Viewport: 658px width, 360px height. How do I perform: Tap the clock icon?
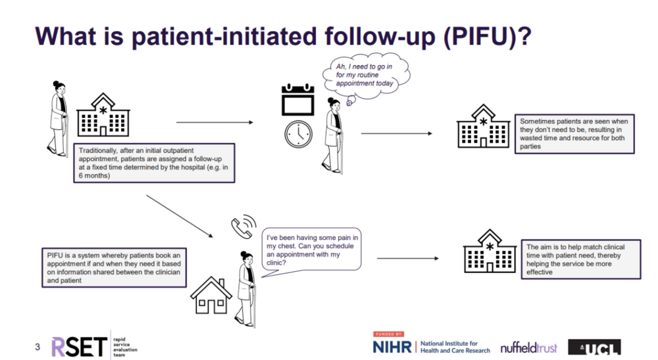298,134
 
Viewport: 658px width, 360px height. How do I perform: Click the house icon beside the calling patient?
211,295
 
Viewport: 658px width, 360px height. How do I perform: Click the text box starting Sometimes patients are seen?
574,134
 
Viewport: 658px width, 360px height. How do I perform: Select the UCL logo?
594,347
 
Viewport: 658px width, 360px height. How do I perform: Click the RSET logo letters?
78,346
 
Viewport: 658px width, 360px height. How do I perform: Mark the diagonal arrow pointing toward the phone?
180,216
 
